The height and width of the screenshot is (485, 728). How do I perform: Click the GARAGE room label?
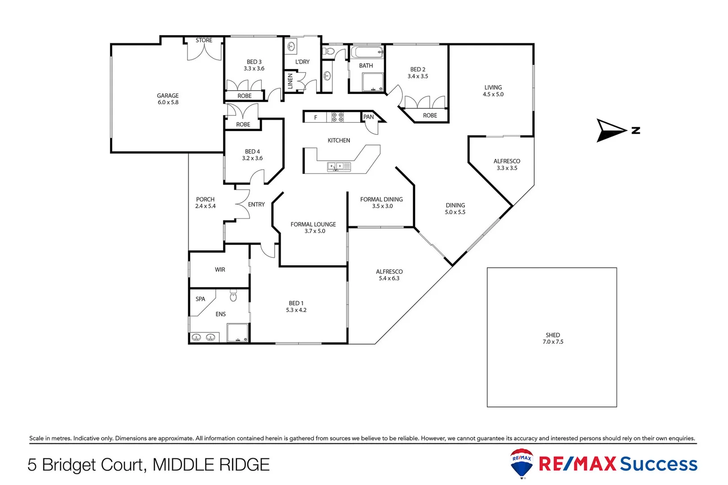168,96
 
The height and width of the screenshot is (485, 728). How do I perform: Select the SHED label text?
552,335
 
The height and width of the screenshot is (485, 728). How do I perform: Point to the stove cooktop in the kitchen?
338,117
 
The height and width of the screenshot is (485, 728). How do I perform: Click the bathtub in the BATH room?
366,52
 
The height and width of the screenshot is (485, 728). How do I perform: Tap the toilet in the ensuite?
233,296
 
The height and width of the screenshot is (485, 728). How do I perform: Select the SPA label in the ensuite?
200,299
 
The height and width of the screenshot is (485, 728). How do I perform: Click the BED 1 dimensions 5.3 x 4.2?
296,310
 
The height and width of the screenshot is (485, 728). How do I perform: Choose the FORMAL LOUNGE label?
313,225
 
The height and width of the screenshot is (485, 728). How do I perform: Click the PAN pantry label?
368,117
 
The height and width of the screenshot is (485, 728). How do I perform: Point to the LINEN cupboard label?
290,81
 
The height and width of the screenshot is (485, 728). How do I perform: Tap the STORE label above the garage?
204,40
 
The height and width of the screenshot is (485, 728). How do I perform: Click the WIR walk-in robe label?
220,270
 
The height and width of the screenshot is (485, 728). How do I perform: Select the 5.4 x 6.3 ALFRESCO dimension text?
389,278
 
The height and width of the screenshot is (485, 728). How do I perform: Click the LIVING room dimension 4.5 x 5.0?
493,94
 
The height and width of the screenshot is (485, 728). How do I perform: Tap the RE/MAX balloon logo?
521,463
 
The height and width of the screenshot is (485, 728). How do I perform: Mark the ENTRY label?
256,205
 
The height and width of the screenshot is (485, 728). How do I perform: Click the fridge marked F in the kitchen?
316,118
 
